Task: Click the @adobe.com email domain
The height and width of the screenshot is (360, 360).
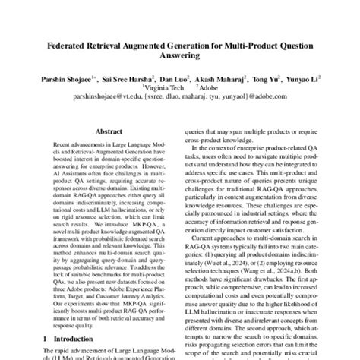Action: point(276,97)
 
